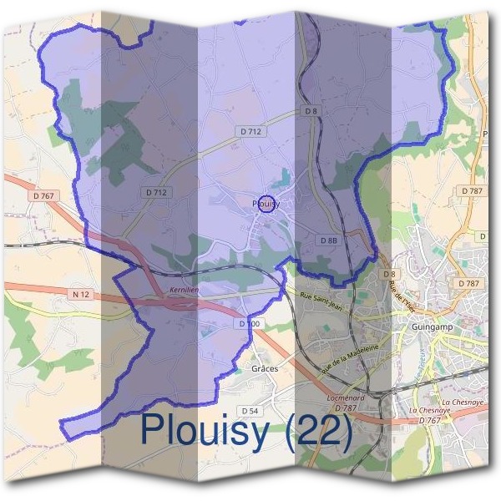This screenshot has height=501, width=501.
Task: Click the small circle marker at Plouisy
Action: tap(265, 204)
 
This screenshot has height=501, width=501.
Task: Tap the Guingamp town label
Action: tap(432, 326)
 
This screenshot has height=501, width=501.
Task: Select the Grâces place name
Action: tap(264, 368)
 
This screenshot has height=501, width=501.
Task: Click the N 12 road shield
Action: tap(81, 295)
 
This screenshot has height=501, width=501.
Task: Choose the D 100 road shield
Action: tap(249, 323)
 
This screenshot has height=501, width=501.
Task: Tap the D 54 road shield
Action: tap(250, 411)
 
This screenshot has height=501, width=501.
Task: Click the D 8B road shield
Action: tap(328, 240)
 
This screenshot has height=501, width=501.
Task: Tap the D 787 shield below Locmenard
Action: tap(346, 408)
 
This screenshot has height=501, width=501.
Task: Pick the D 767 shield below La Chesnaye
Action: tap(431, 420)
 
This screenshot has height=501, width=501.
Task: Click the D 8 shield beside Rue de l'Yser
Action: tap(388, 274)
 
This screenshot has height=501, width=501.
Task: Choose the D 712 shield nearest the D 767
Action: tap(156, 192)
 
